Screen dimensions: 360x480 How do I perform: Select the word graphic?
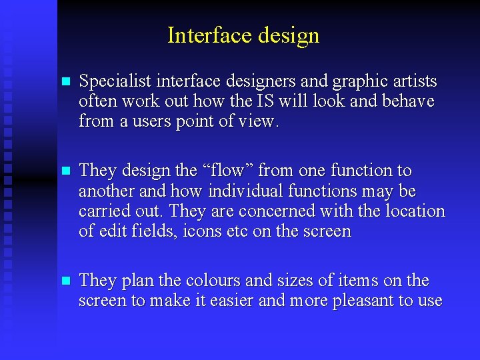click(356, 82)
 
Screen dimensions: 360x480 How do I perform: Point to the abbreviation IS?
click(264, 102)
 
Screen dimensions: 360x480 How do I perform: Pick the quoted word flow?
click(225, 171)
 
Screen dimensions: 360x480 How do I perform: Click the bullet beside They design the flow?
click(65, 171)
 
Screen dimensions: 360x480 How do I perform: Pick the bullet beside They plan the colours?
click(65, 281)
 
